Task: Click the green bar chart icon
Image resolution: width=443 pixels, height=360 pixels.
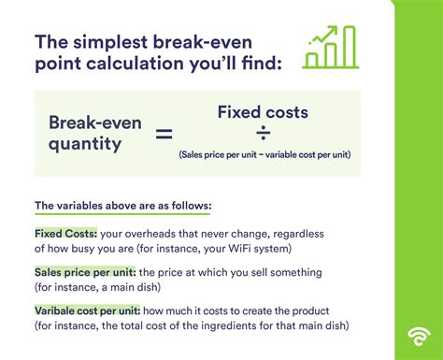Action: [330, 48]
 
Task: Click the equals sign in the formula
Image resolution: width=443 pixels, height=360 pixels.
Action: [163, 134]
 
